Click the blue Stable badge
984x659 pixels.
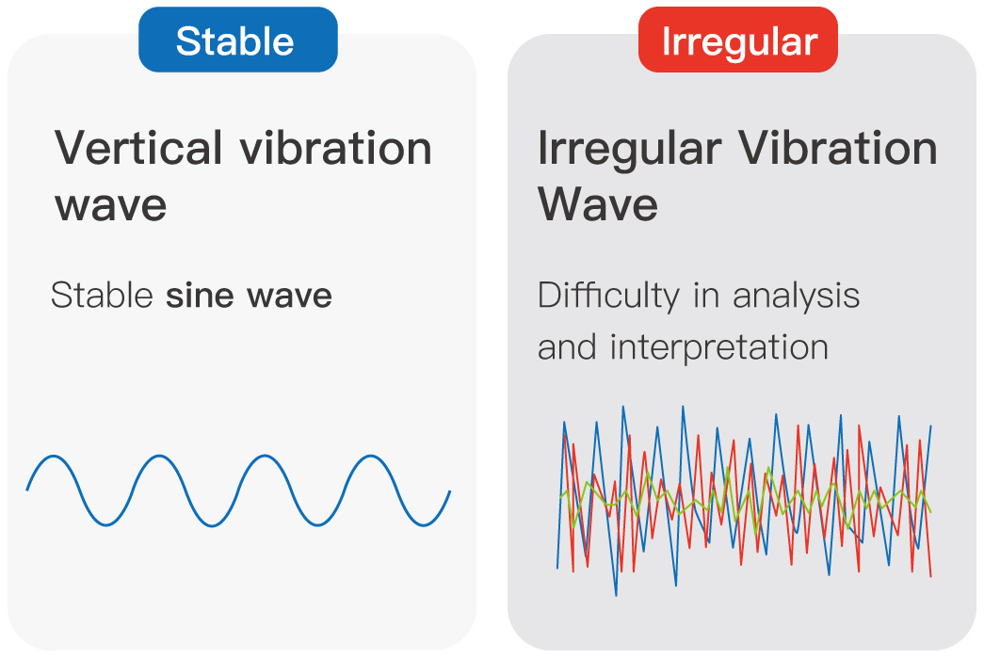(238, 40)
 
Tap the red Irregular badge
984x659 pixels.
(738, 40)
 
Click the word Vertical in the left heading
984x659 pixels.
(138, 148)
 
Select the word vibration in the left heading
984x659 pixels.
(336, 148)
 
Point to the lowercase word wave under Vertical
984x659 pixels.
(110, 205)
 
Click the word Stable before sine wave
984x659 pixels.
(103, 295)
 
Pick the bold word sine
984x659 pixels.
(200, 295)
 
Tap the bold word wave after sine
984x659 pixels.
(289, 297)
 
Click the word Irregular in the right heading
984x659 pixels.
(629, 151)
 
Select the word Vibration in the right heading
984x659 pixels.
(837, 148)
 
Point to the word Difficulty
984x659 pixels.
(608, 297)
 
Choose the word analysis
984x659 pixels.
(796, 297)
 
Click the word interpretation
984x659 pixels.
(719, 348)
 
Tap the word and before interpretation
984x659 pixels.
(566, 347)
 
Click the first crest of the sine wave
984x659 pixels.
(54, 457)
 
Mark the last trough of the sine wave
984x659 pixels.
(425, 524)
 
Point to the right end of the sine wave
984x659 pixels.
(450, 491)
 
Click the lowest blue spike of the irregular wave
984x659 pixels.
(616, 595)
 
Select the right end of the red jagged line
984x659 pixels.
(930, 576)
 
